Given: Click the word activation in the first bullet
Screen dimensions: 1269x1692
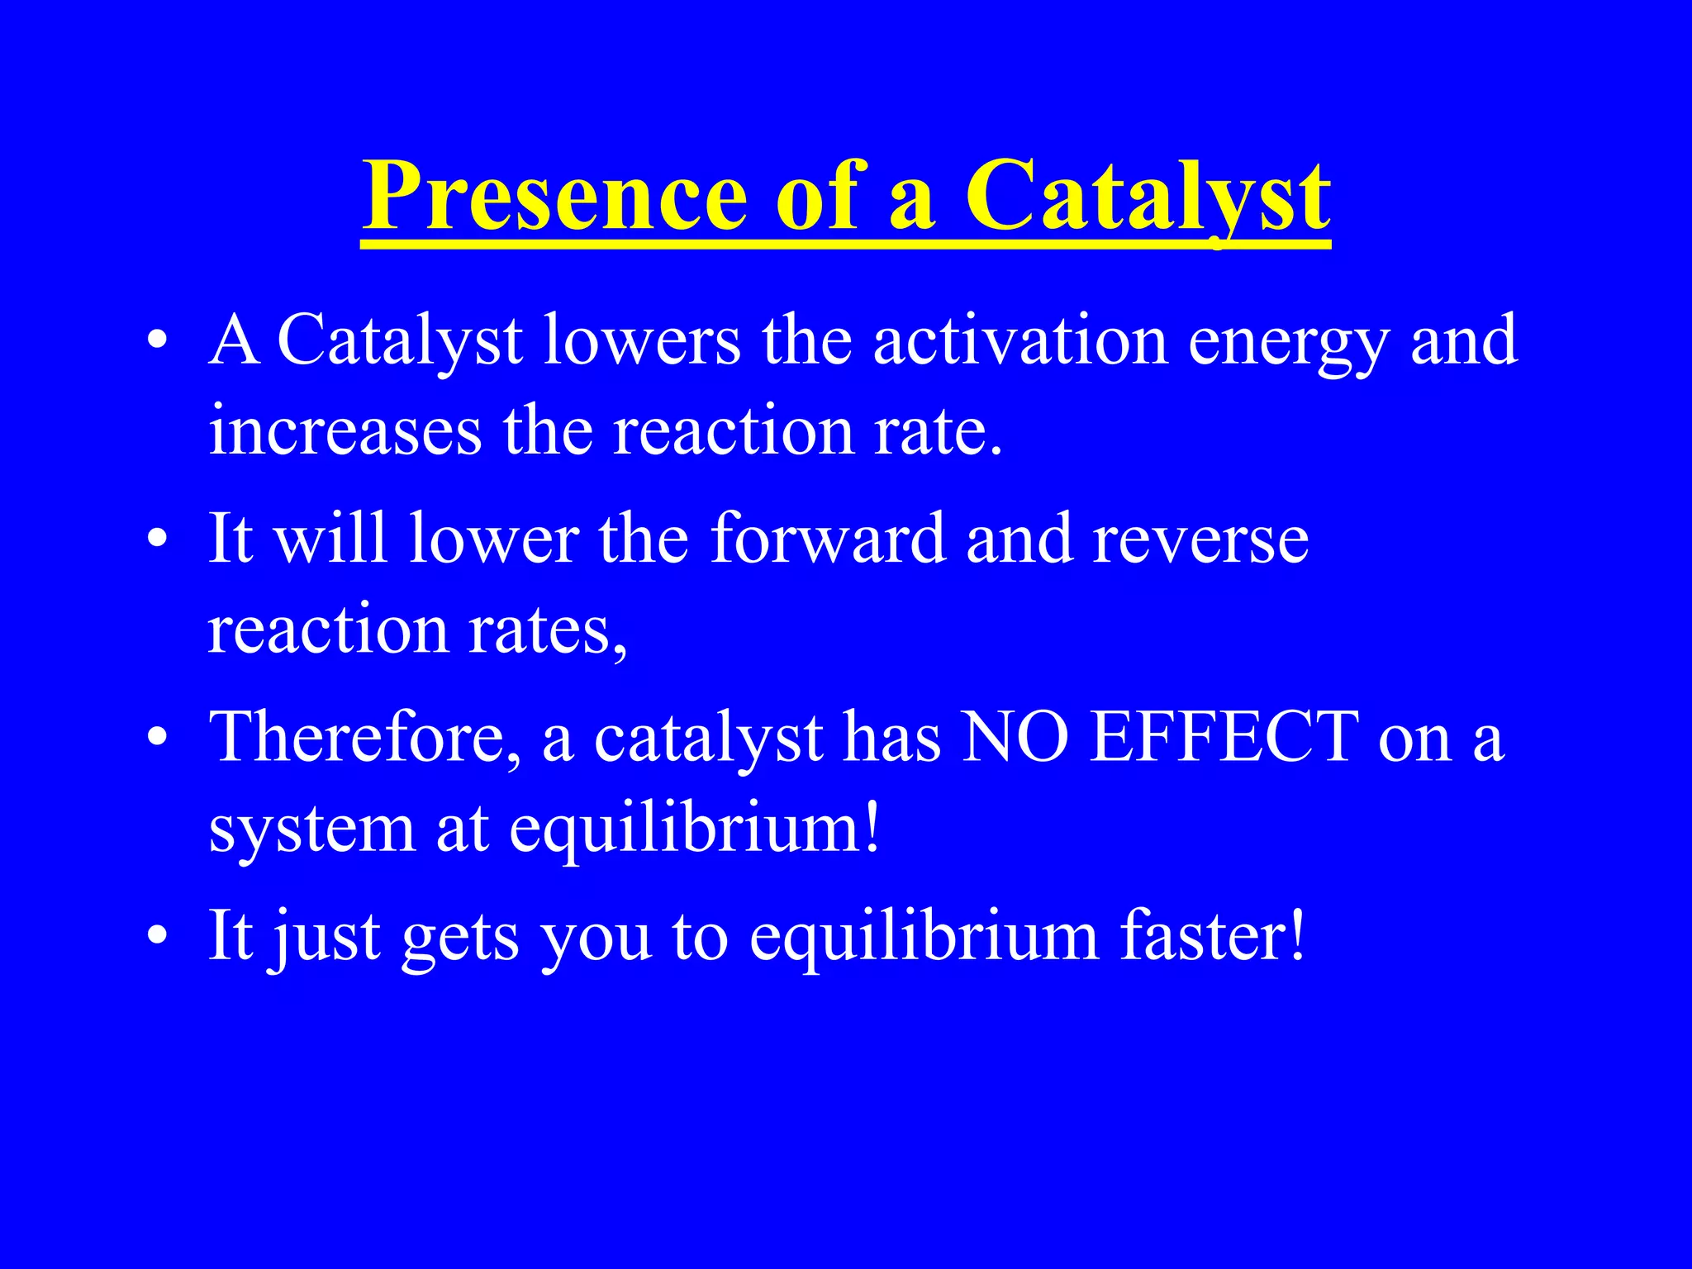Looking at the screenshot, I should point(1020,340).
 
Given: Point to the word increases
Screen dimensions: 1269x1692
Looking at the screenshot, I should point(345,431).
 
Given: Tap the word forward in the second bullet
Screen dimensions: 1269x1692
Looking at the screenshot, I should point(827,539).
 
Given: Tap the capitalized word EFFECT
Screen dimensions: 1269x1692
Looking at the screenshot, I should point(1224,738).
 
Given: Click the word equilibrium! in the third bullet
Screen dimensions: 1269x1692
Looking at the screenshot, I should point(695,829).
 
